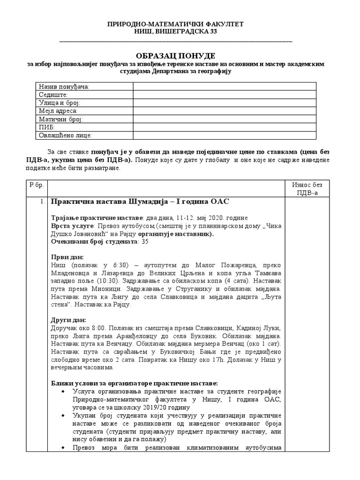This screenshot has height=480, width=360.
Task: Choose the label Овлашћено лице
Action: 66,135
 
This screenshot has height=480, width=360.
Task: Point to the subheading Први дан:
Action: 67,257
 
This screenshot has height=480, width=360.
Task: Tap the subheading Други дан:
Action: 68,321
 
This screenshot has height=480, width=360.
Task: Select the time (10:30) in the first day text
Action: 114,281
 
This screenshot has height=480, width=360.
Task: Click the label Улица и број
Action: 60,103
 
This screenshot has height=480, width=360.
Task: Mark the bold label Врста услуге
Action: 72,225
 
